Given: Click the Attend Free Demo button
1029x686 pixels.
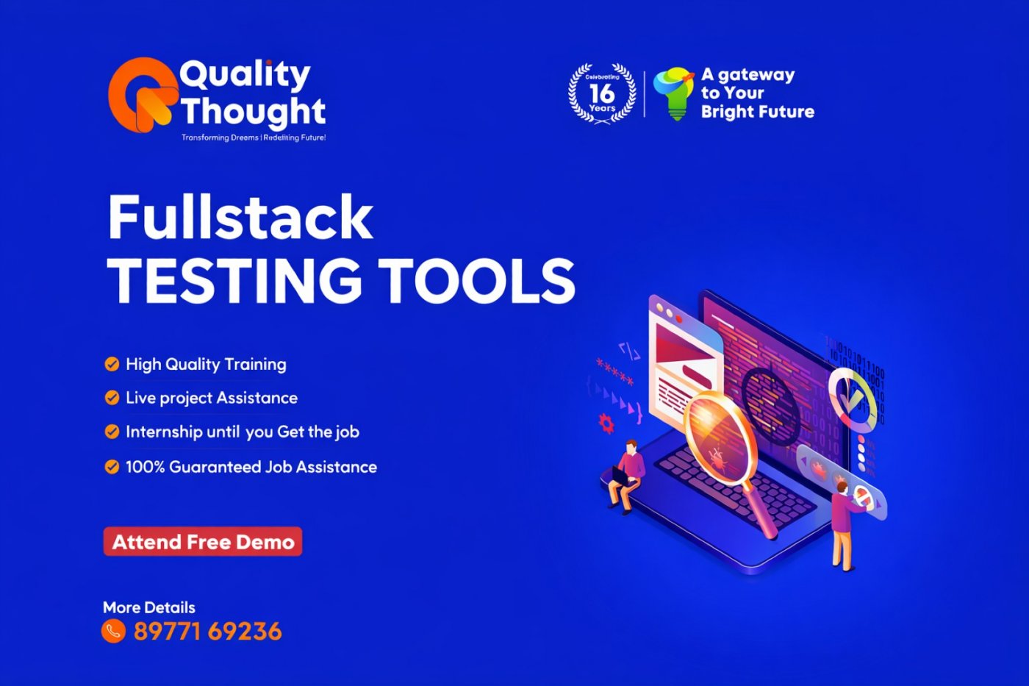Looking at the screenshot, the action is click(203, 542).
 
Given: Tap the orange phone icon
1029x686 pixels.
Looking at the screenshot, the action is click(113, 631).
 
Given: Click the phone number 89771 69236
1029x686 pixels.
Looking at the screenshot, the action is click(207, 632).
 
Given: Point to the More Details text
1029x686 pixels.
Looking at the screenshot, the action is click(149, 607).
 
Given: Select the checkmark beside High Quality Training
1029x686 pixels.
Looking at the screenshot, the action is click(112, 364).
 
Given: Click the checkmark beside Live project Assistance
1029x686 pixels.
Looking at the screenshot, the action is click(112, 398).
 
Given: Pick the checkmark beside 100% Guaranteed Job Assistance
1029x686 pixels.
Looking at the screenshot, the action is click(112, 467).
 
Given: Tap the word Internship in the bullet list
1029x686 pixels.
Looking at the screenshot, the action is click(164, 432).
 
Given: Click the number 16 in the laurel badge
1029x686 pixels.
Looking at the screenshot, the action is click(602, 93).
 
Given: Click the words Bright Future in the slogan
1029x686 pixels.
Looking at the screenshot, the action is click(758, 112).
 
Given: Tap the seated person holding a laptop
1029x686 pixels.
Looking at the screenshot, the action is click(625, 476).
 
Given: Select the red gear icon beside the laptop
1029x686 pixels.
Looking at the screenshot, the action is click(606, 424).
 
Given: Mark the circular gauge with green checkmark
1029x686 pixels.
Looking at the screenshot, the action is click(854, 398).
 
